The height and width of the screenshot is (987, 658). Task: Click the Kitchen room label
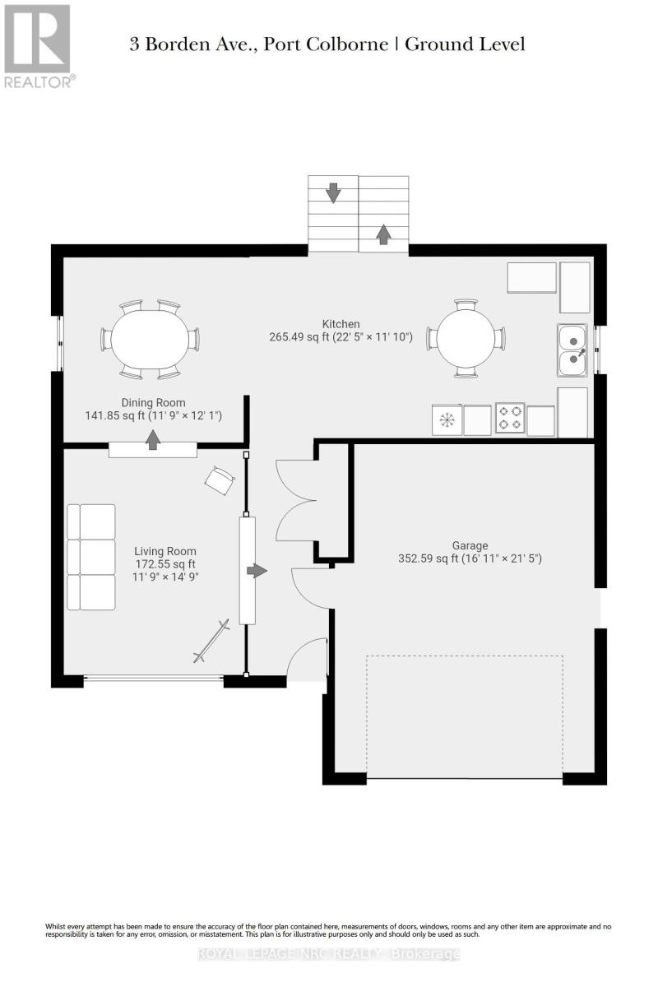341,324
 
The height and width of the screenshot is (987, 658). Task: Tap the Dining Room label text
153,402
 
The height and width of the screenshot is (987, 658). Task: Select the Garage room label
470,545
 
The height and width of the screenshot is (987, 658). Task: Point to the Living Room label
165,551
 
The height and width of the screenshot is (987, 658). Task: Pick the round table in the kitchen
466,338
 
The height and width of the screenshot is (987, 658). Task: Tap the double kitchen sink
572,350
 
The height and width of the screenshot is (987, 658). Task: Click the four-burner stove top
510,418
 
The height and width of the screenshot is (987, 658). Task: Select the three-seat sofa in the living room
91,558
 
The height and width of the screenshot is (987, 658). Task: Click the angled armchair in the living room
220,480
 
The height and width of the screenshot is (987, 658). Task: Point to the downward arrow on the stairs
333,193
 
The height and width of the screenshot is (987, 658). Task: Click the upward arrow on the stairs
384,234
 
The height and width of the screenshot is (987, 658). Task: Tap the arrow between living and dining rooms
153,440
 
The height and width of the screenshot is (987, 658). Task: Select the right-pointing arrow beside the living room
257,571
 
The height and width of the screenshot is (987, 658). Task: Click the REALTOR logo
38,46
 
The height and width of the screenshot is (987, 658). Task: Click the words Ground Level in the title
465,44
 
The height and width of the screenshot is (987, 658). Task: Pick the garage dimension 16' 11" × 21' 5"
502,558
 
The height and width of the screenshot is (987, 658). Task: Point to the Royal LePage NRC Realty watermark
329,954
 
